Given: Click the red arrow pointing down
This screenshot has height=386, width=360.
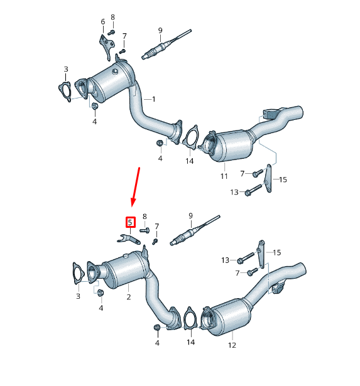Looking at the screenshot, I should click(135, 186).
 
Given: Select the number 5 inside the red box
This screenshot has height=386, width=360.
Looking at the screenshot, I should click(130, 222).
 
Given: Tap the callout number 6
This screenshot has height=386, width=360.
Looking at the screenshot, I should click(102, 22).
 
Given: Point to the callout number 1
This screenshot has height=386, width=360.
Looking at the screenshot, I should click(153, 99).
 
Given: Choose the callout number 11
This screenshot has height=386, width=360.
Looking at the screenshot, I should click(224, 176).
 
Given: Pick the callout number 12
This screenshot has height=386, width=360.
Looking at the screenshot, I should click(231, 345).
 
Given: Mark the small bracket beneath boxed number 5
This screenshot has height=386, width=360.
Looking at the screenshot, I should click(128, 238).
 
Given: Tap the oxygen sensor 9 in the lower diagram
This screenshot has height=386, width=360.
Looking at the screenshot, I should click(195, 232).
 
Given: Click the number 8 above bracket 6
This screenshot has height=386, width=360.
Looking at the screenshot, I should click(112, 17).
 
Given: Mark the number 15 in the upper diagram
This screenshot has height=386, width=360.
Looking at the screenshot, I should click(283, 180).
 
